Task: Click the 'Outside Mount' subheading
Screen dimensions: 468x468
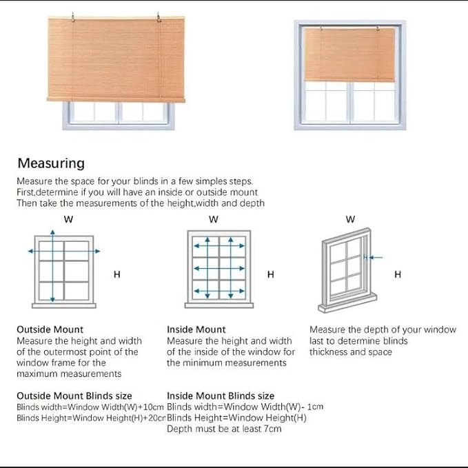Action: click(x=50, y=329)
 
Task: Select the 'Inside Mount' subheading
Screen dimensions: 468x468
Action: click(x=196, y=329)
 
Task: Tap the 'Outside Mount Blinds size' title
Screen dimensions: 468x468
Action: click(x=74, y=396)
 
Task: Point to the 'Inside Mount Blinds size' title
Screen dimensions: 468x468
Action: click(x=221, y=396)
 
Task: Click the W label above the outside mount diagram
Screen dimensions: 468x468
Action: click(x=68, y=219)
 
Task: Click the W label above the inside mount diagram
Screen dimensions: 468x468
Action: click(x=213, y=219)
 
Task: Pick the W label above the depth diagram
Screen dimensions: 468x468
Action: click(x=350, y=219)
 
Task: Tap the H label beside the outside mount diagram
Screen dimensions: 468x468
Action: click(x=116, y=274)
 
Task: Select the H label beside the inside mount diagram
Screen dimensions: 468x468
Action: click(x=270, y=274)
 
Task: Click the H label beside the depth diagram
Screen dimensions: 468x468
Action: click(x=397, y=274)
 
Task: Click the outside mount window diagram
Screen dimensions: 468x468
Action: click(x=63, y=269)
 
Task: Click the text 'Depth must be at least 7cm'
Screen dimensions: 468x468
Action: click(x=224, y=429)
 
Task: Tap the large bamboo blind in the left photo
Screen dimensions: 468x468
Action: click(x=116, y=59)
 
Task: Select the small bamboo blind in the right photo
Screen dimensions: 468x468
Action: click(x=349, y=54)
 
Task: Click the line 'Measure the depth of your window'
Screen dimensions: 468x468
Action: click(x=383, y=329)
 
